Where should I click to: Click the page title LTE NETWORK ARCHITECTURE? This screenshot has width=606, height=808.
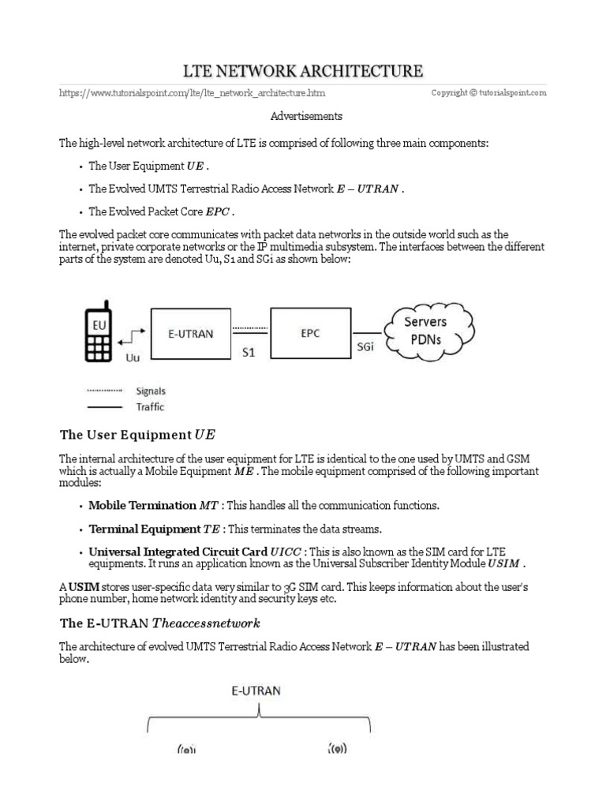303,71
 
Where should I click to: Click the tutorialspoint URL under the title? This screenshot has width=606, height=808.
192,93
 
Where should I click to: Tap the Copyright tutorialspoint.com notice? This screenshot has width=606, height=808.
488,93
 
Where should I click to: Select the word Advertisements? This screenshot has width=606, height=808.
306,116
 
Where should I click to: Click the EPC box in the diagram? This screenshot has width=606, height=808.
311,334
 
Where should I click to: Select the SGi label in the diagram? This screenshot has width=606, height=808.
367,348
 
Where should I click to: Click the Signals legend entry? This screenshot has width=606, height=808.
151,391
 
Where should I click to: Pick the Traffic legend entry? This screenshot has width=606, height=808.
150,407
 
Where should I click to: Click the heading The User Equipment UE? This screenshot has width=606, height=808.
137,435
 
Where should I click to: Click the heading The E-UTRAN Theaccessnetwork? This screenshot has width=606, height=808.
159,623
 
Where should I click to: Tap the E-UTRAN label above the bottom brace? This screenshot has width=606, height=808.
256,690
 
